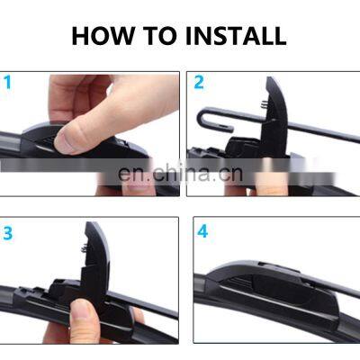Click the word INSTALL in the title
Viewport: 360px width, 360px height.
click(236, 36)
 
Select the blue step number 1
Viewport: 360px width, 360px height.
click(7, 82)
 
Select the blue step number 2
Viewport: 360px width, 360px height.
click(199, 82)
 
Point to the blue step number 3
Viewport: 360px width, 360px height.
click(8, 233)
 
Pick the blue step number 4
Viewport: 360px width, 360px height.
click(202, 231)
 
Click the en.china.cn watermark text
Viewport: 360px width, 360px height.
click(180, 173)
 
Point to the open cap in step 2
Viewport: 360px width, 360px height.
click(274, 117)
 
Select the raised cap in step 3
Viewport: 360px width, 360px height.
click(95, 264)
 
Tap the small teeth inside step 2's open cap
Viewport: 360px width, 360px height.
click(264, 104)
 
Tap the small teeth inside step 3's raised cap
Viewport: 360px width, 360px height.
click(85, 247)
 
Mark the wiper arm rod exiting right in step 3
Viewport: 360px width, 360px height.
click(144, 303)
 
